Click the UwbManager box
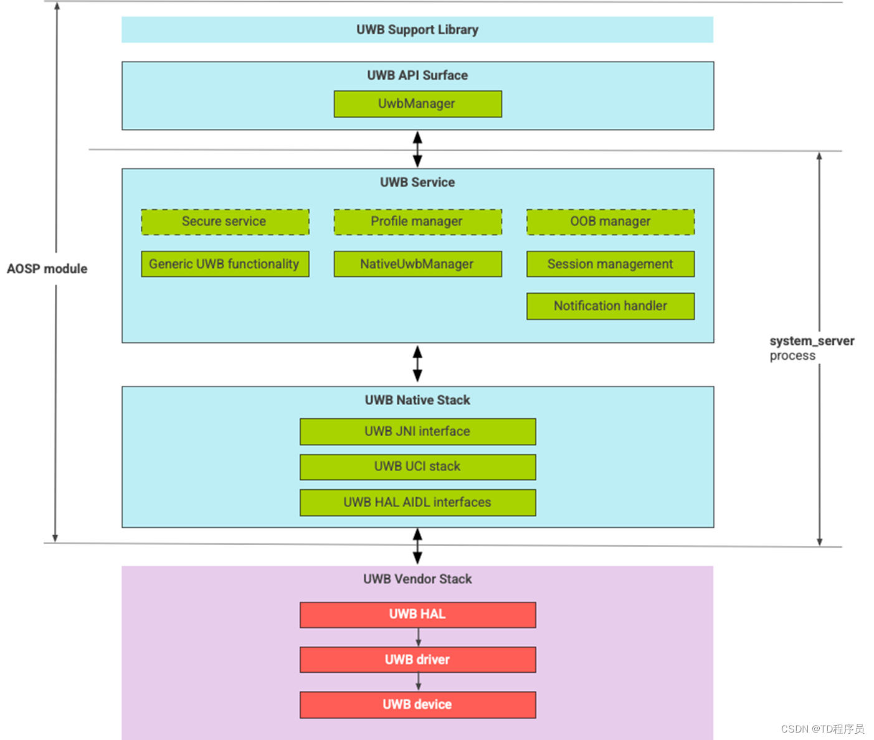coord(417,104)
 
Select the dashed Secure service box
coord(225,222)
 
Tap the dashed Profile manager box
coord(417,222)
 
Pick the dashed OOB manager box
coord(610,222)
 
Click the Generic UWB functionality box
coord(225,264)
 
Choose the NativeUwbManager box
coord(417,264)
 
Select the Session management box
coord(610,264)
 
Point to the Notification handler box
coord(610,306)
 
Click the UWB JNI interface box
coord(417,431)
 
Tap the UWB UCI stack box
coord(417,467)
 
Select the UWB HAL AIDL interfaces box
coord(417,502)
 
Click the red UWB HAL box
coord(417,614)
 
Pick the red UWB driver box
coord(417,660)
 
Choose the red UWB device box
coord(417,705)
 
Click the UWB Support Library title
coord(417,30)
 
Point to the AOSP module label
coord(47,269)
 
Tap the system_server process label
coord(810,348)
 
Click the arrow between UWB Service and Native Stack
coord(417,364)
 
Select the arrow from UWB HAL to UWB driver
coord(418,637)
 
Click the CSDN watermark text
coord(822,729)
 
